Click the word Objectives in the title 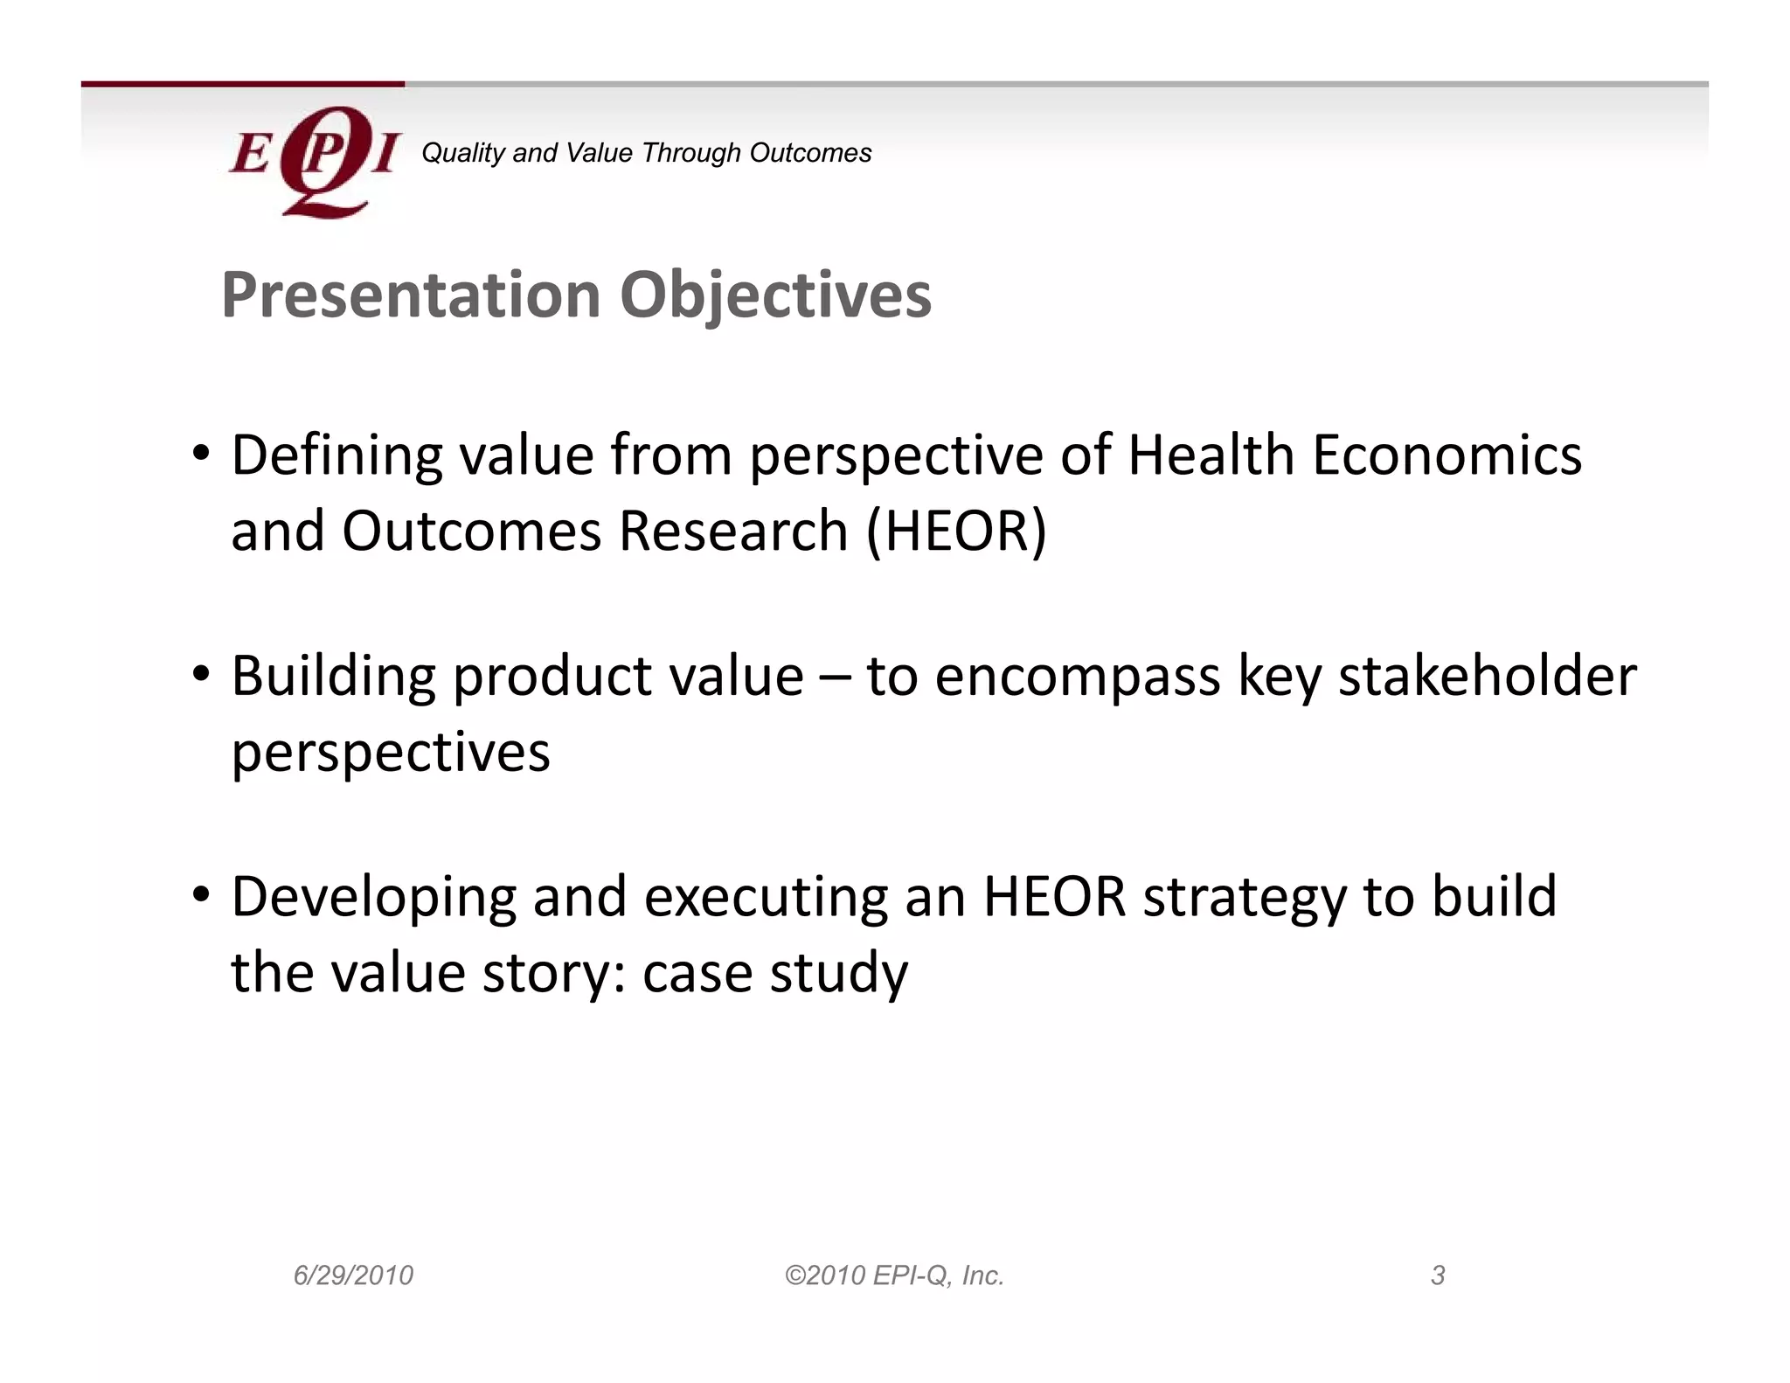point(775,295)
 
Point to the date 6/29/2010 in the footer point(353,1275)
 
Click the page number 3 point(1438,1275)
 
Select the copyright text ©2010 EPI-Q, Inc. point(894,1275)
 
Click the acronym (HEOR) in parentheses point(955,531)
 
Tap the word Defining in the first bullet point(336,455)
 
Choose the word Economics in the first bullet point(1447,455)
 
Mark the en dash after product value point(835,678)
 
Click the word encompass point(1077,678)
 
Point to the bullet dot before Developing point(201,894)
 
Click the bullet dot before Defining point(201,453)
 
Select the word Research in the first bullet point(733,531)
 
